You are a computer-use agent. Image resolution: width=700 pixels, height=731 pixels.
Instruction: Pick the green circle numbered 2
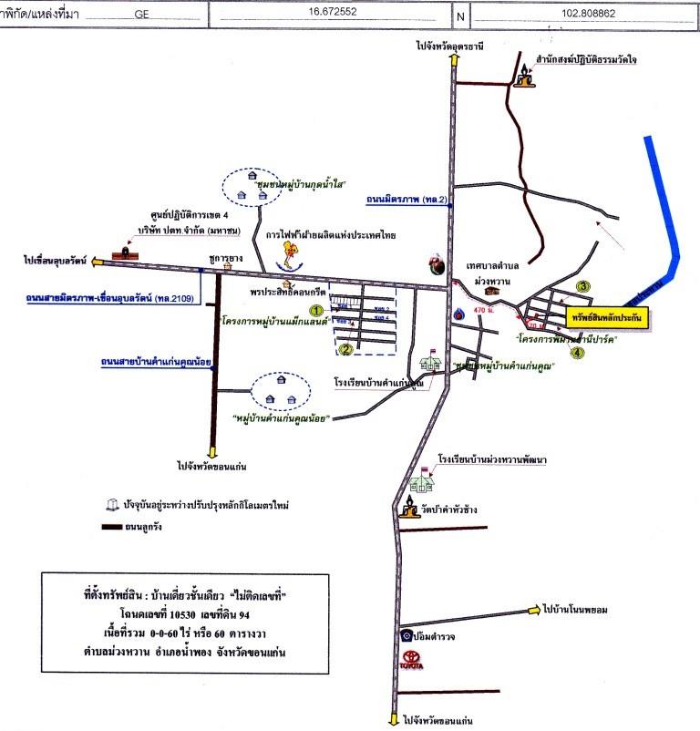click(345, 347)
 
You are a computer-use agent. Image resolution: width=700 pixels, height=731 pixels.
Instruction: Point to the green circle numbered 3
click(582, 286)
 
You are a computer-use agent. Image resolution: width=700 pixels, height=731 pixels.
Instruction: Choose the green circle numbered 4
click(577, 355)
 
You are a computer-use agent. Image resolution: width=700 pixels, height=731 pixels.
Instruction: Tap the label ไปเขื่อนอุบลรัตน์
click(56, 261)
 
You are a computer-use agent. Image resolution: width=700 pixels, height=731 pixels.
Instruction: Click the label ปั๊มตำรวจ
click(438, 636)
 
